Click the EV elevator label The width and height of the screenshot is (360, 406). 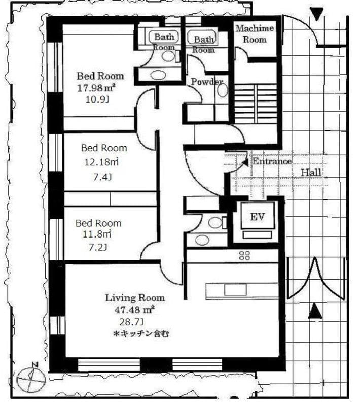[x=258, y=217]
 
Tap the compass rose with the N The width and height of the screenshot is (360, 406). [x=31, y=378]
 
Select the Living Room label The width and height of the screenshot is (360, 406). [x=135, y=298]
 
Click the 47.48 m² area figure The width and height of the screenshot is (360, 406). [x=134, y=310]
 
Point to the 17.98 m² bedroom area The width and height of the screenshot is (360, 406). [x=96, y=88]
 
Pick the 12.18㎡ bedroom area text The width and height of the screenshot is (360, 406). [x=101, y=162]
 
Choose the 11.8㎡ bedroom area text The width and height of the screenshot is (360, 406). [x=97, y=234]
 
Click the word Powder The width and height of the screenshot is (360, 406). [x=207, y=82]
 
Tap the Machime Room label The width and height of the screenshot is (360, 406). [x=255, y=34]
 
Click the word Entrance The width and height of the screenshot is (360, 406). [x=272, y=161]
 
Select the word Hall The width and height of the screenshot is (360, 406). [x=311, y=172]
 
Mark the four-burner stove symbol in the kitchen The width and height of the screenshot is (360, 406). [x=244, y=256]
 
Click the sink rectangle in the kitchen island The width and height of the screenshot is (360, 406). [x=235, y=290]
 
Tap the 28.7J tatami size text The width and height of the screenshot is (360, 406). [x=132, y=322]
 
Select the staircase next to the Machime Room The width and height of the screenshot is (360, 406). [x=256, y=104]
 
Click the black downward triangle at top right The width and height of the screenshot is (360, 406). [x=317, y=14]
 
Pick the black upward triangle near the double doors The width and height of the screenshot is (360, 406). [x=315, y=311]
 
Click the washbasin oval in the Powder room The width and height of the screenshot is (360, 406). [x=223, y=90]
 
